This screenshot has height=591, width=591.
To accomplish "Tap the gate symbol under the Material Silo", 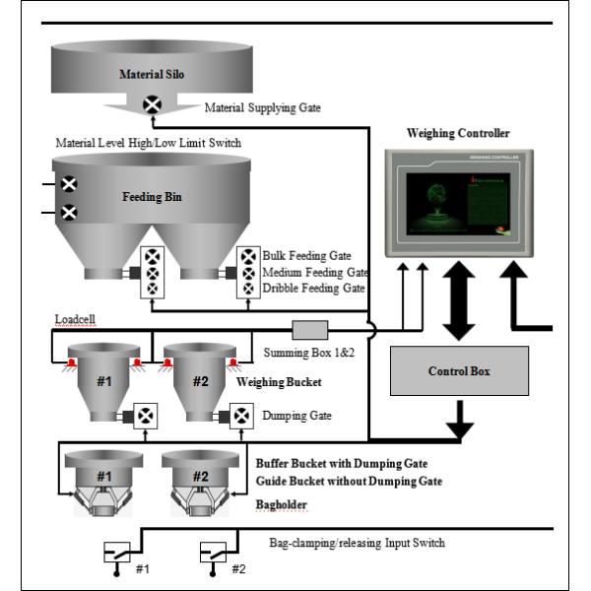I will [153, 103].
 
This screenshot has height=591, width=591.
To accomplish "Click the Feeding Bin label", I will [151, 197].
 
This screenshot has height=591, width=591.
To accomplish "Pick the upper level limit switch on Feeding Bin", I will [70, 184].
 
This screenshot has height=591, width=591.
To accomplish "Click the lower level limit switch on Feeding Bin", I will [70, 212].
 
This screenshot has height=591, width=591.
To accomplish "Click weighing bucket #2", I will [200, 382].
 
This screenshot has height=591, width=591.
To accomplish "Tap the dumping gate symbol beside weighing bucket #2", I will [242, 416].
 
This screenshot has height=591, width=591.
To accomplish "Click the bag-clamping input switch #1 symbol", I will [116, 553].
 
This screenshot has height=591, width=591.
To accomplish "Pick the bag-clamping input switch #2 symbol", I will [213, 553].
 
